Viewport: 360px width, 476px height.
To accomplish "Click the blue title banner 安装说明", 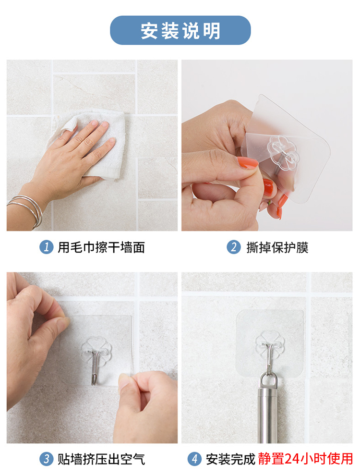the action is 180,30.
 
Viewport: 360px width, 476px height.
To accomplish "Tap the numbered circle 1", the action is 47,247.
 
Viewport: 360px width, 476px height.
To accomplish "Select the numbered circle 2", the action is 234,247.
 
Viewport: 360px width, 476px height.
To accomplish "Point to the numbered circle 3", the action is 47,459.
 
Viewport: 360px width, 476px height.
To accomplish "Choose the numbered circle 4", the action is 194,459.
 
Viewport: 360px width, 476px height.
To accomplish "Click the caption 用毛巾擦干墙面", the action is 101,247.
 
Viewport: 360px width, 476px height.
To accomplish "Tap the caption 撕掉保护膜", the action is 277,247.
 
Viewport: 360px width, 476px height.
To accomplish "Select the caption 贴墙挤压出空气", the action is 101,459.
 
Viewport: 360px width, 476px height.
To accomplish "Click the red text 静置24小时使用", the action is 305,459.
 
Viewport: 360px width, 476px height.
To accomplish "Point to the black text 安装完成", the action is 230,459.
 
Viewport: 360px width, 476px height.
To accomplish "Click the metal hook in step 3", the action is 96,367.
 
